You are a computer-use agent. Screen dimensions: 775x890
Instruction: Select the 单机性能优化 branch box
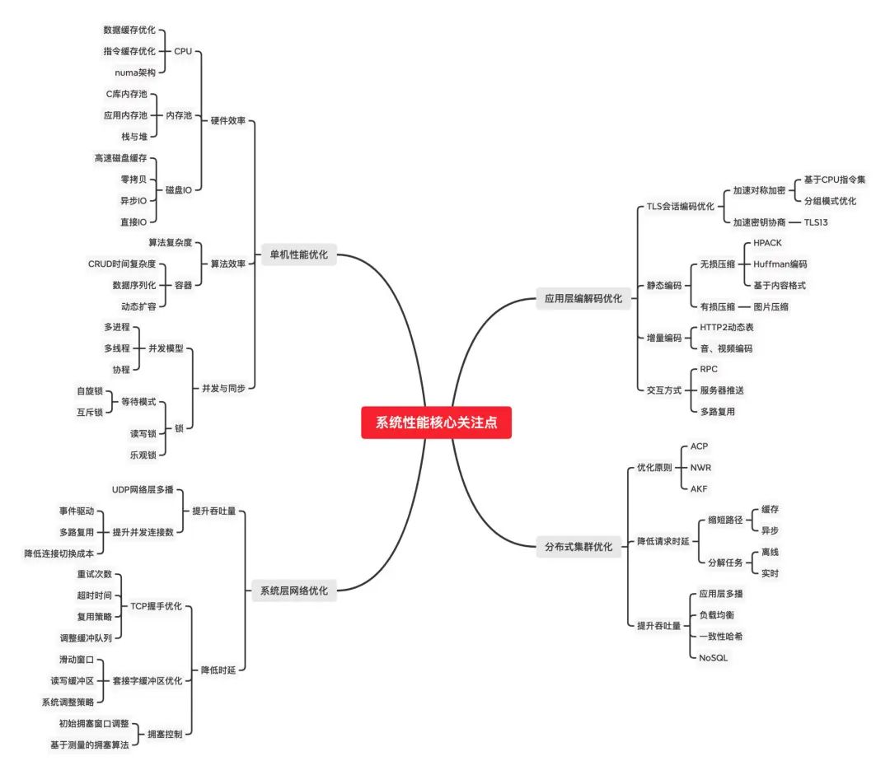click(298, 254)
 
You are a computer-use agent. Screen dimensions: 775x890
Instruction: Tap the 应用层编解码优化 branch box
click(583, 299)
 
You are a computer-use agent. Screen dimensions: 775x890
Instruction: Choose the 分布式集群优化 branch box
click(578, 545)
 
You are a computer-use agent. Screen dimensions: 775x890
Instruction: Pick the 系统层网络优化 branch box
click(293, 591)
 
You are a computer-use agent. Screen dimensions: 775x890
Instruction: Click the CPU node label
click(183, 51)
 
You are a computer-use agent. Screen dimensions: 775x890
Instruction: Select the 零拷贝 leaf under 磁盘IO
click(133, 179)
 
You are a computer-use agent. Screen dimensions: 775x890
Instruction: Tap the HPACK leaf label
click(767, 243)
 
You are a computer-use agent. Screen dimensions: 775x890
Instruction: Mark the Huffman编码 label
click(780, 264)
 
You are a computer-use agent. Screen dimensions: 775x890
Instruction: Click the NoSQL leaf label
click(714, 657)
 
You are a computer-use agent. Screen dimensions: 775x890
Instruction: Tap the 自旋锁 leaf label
click(91, 390)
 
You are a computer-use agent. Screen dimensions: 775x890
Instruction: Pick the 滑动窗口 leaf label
click(77, 660)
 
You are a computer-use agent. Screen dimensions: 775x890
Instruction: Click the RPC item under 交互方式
click(709, 369)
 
